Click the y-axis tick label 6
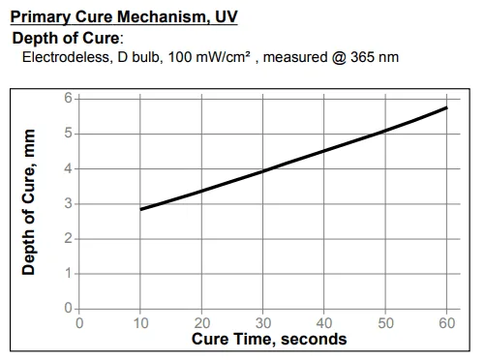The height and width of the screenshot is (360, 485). [68, 98]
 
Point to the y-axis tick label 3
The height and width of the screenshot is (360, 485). [68, 203]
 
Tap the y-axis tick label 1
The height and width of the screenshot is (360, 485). [68, 274]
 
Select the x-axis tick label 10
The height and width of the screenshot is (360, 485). [141, 323]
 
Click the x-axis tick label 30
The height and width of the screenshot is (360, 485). [263, 323]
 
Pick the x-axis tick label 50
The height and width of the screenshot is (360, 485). [385, 323]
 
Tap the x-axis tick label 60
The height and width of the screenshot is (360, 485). [447, 323]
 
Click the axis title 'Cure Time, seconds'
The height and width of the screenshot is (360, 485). [269, 340]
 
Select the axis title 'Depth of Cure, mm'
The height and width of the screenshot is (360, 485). [28, 202]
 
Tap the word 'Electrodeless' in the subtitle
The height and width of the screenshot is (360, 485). [68, 57]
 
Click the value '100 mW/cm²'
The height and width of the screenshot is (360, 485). [209, 57]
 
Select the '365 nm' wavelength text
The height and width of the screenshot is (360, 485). [375, 57]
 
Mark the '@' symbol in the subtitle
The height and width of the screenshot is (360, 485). [339, 57]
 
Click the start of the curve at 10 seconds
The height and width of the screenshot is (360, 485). [140, 209]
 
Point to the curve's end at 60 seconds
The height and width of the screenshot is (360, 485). [447, 107]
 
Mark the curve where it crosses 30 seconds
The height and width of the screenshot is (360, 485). [263, 171]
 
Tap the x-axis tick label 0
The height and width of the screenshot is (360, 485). [79, 323]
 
